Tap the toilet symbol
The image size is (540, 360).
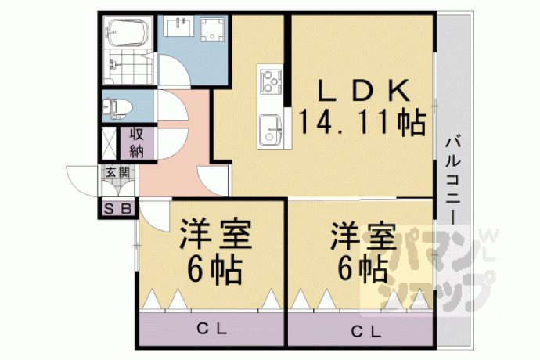[117, 107]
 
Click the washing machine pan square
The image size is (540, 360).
[213, 30]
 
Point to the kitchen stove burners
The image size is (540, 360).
[271, 81]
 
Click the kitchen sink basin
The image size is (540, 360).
[270, 130]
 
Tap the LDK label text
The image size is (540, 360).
[364, 90]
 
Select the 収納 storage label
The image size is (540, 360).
[137, 143]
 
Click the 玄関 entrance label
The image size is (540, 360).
[117, 171]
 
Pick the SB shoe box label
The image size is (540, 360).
[117, 208]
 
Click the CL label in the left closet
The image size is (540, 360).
[211, 329]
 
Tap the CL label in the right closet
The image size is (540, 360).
[365, 332]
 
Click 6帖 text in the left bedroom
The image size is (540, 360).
[214, 270]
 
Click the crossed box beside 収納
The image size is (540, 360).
[110, 143]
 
